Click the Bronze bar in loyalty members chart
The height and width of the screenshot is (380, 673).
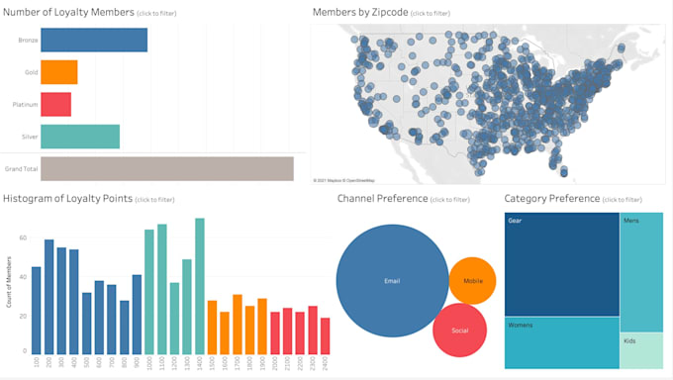click(93, 40)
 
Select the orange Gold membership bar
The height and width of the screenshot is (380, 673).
click(58, 72)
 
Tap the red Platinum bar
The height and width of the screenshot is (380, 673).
click(54, 104)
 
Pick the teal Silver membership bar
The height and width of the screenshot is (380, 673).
click(79, 137)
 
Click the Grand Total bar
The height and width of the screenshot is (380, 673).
click(166, 169)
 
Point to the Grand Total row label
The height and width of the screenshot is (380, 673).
click(21, 169)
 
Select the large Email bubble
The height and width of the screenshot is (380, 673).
click(392, 281)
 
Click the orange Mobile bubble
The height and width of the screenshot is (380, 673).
click(472, 281)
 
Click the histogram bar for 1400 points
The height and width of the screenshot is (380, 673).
click(200, 286)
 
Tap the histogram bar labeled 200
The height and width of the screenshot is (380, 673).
click(49, 296)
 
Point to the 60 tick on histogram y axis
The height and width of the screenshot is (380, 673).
click(23, 237)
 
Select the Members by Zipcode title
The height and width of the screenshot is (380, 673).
click(358, 13)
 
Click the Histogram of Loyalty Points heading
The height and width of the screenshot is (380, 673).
click(67, 199)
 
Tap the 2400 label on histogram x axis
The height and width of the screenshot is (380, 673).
click(325, 364)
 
